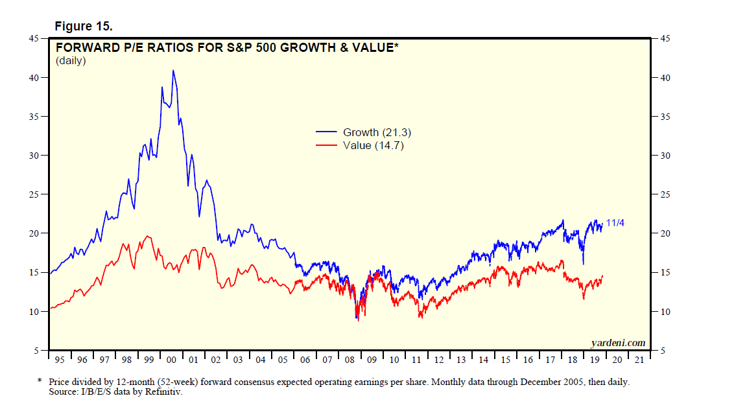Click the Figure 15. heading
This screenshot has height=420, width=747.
coord(84,27)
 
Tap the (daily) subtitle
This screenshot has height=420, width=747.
coord(71,61)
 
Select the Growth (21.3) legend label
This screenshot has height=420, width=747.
coord(377,132)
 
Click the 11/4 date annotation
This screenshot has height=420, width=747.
coord(615,224)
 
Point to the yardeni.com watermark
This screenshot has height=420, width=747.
coord(618,342)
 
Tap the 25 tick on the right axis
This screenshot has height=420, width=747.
coord(664,194)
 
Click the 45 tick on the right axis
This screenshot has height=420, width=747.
coord(664,39)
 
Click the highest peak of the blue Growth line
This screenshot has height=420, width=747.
coord(172,71)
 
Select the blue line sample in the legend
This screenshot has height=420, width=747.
coord(327,133)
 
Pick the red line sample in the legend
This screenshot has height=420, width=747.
coord(327,146)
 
